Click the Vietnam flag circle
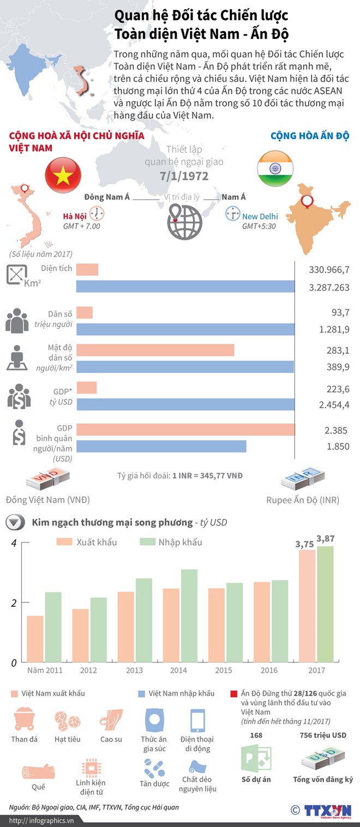[63, 175]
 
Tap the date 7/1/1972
[184, 176]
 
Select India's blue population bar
[185, 329]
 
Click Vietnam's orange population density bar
[155, 350]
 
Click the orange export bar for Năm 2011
[35, 639]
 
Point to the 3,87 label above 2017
[325, 539]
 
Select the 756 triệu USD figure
[323, 735]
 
